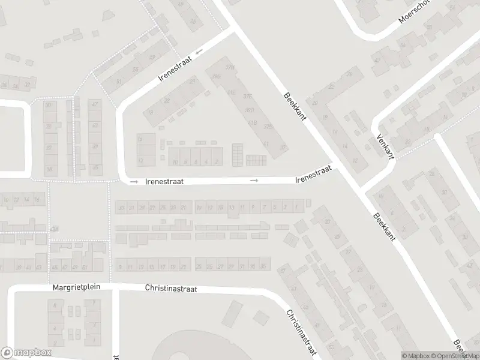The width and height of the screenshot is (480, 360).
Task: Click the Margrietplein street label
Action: click(x=76, y=287)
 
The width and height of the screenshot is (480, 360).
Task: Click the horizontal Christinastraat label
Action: click(x=171, y=288)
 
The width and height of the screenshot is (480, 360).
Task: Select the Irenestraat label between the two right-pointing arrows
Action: click(x=164, y=180)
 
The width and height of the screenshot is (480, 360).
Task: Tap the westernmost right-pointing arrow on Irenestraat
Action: click(x=134, y=181)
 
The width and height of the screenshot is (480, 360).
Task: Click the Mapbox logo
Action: click(x=26, y=353)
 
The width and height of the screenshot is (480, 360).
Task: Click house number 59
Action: click(x=152, y=58)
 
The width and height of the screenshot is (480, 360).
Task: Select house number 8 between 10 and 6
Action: click(x=185, y=162)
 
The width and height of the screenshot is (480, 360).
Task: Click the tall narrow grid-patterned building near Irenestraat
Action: click(x=238, y=154)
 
